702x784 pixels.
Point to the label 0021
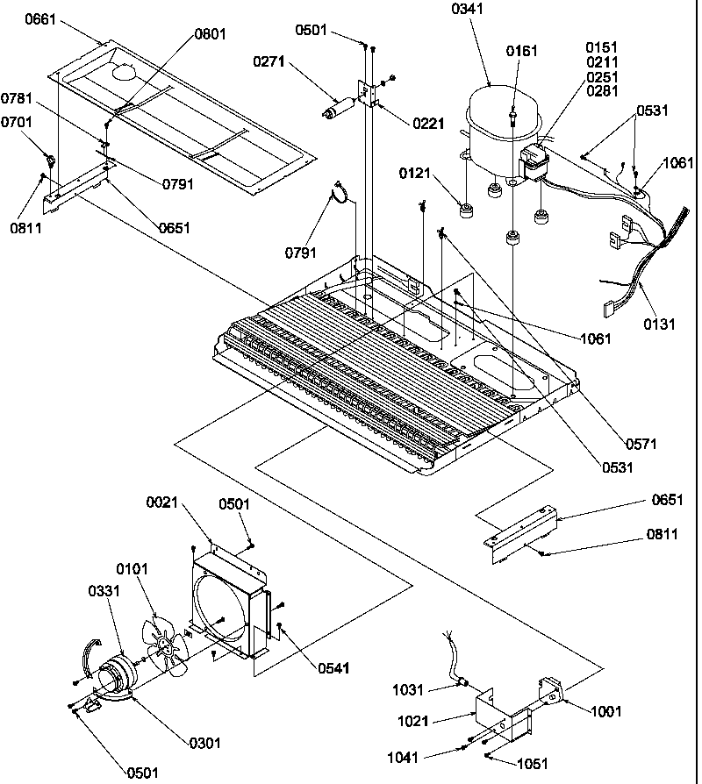click(x=162, y=502)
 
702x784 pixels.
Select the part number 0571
click(x=641, y=444)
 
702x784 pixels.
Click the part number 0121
click(x=415, y=174)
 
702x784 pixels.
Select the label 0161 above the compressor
click(x=522, y=51)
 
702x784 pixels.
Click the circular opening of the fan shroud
click(x=227, y=605)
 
